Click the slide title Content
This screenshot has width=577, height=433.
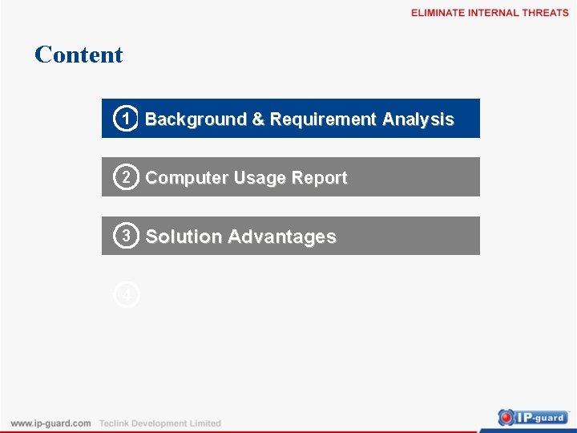pyautogui.click(x=79, y=55)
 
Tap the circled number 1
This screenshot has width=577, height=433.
pyautogui.click(x=126, y=119)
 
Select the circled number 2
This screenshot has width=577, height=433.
pyautogui.click(x=126, y=177)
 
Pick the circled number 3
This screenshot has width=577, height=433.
pyautogui.click(x=126, y=236)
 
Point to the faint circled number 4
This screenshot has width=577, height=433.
pyautogui.click(x=126, y=295)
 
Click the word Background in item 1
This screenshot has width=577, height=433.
pyautogui.click(x=196, y=119)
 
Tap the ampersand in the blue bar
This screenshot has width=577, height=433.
pyautogui.click(x=258, y=119)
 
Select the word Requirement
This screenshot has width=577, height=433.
pyautogui.click(x=323, y=119)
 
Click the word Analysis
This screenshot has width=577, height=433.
pyautogui.click(x=418, y=119)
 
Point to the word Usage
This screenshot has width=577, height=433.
pyautogui.click(x=253, y=178)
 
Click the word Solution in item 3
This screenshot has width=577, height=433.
pyautogui.click(x=184, y=237)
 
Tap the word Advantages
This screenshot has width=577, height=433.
pyautogui.click(x=281, y=237)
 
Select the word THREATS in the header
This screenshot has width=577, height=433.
pyautogui.click(x=545, y=13)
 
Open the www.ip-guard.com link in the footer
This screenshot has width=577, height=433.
pyautogui.click(x=50, y=423)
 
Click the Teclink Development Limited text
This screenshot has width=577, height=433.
pyautogui.click(x=159, y=423)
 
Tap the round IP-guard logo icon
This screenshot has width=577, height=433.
pyautogui.click(x=506, y=417)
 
